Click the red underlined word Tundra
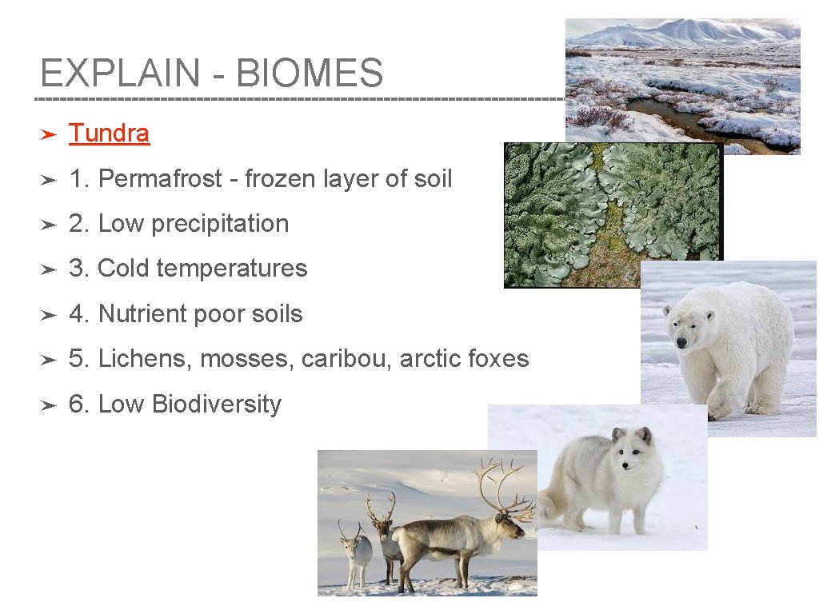pos(109,134)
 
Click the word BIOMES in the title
pos(310,74)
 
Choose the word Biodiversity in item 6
pos(216,405)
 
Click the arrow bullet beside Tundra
pos(47,134)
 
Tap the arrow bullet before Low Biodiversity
pos(47,405)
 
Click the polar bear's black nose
pos(681,342)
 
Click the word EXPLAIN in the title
pos(120,74)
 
